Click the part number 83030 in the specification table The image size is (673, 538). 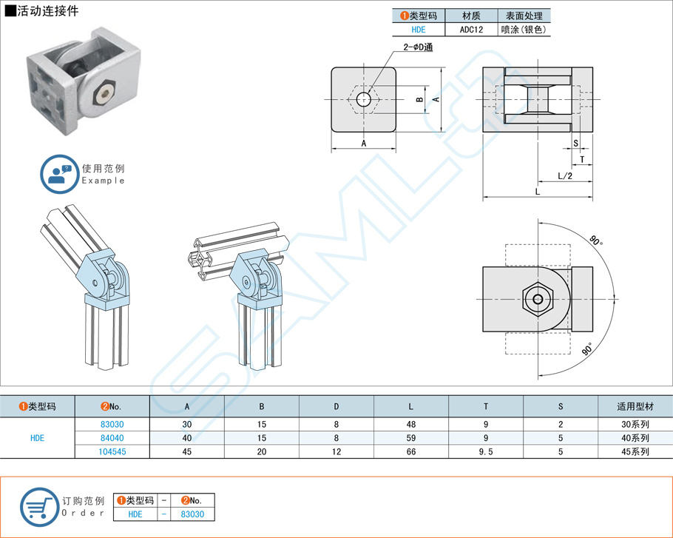point(112,424)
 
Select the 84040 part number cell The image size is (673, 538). point(112,437)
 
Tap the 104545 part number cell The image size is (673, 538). point(112,451)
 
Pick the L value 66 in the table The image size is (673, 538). point(411,451)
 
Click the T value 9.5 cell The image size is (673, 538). point(486,451)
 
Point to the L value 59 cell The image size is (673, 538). point(411,437)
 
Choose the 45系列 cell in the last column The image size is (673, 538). point(635,451)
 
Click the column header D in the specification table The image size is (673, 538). point(336,406)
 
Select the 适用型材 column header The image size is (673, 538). point(635,406)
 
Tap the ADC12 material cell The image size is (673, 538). point(471,30)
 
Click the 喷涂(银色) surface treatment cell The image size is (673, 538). point(524,30)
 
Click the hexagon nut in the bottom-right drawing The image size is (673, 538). point(538,300)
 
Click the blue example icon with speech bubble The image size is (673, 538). point(58,175)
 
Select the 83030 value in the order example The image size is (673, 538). point(193,514)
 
